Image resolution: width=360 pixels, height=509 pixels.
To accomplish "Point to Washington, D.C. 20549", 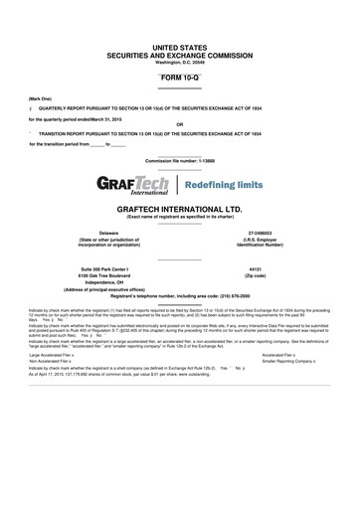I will click(179, 64).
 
